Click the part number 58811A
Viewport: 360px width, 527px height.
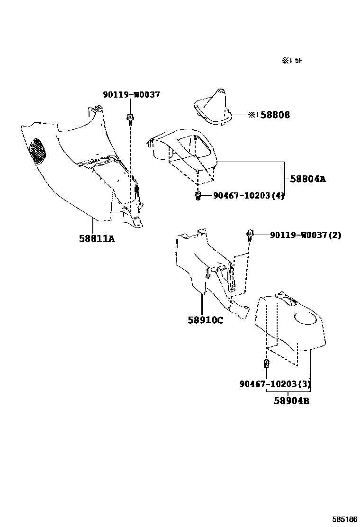coord(97,238)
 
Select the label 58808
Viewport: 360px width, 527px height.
coord(277,115)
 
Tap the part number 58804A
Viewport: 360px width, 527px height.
coord(308,179)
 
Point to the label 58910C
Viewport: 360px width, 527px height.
coord(205,320)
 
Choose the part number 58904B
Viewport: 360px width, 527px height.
coord(291,401)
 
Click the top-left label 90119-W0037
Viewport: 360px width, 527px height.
coord(131,95)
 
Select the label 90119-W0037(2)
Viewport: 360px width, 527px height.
coord(306,235)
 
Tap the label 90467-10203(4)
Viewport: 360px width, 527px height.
coord(249,195)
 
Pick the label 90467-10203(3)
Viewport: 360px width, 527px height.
coord(275,383)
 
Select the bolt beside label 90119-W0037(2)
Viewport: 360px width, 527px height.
coord(250,234)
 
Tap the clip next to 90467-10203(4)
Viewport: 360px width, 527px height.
coord(198,195)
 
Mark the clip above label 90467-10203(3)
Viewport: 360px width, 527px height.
coord(266,364)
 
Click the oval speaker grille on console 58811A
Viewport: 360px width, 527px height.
coord(38,151)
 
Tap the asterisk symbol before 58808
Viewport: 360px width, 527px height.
coord(252,115)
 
